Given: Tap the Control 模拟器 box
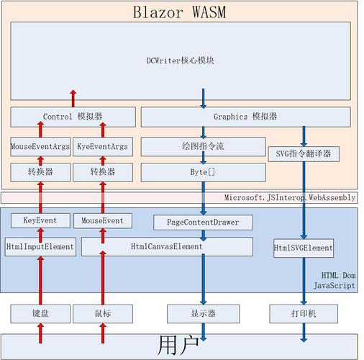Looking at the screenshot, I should (x=72, y=117).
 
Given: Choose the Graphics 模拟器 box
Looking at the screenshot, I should (x=245, y=117).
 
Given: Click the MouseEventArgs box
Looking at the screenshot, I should (x=40, y=147).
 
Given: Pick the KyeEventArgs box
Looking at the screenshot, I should (x=102, y=147).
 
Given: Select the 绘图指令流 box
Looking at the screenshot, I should (x=203, y=147).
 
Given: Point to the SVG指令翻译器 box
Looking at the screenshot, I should (x=303, y=153).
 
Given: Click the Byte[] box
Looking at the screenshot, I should (x=203, y=172).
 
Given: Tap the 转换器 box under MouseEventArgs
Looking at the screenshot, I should (x=40, y=172).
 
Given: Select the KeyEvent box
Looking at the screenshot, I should (x=40, y=220).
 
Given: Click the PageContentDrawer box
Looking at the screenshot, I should (x=203, y=222).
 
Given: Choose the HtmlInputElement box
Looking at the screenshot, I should (x=40, y=246).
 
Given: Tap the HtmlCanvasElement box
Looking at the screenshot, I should (x=167, y=246).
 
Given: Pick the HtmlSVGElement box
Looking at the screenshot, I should (x=303, y=248).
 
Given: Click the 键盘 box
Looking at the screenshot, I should (x=40, y=313).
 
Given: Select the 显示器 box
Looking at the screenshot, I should (x=203, y=313).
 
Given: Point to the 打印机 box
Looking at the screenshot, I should (x=303, y=313).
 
